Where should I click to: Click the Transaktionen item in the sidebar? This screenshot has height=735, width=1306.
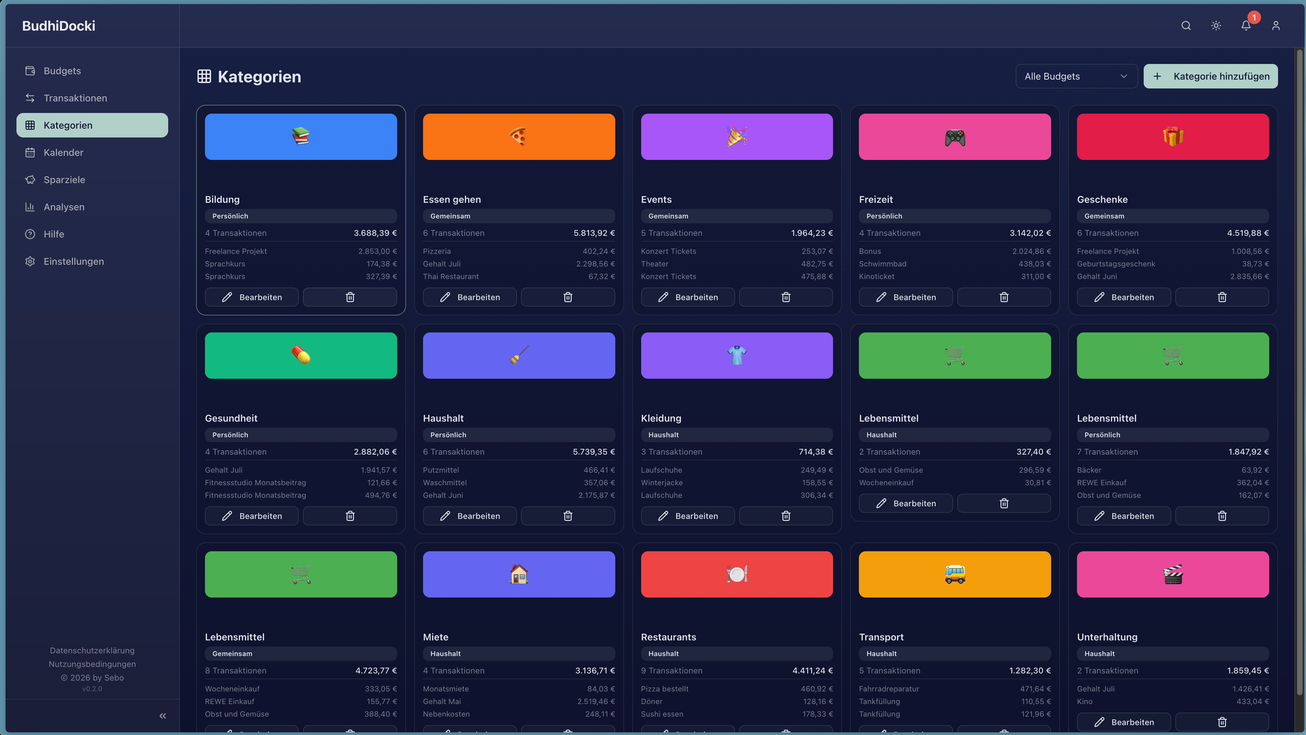click(75, 98)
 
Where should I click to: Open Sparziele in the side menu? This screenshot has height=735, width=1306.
click(64, 180)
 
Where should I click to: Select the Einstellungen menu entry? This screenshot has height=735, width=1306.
click(74, 261)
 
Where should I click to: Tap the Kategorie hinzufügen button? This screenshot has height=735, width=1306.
click(1210, 76)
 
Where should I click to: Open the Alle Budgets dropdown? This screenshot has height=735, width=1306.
click(1076, 76)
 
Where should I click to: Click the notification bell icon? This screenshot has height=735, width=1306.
click(1245, 26)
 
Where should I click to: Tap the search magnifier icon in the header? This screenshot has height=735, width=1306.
click(1185, 26)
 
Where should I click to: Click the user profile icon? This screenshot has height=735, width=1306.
click(1275, 26)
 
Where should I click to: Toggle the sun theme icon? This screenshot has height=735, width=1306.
click(1216, 26)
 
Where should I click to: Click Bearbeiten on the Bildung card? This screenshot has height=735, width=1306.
click(252, 297)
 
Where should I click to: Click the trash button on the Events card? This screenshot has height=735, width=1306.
click(785, 297)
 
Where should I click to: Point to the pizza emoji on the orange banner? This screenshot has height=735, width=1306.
click(518, 137)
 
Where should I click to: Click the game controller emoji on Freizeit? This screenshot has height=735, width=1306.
click(955, 138)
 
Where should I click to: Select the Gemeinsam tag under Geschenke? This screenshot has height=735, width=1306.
click(1104, 216)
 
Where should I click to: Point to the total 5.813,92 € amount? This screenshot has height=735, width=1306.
click(594, 233)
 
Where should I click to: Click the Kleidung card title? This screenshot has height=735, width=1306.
click(661, 419)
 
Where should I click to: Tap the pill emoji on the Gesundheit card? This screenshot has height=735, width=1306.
click(301, 355)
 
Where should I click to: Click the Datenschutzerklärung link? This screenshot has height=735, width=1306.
click(92, 651)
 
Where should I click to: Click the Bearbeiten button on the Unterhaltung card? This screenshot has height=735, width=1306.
click(1124, 722)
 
